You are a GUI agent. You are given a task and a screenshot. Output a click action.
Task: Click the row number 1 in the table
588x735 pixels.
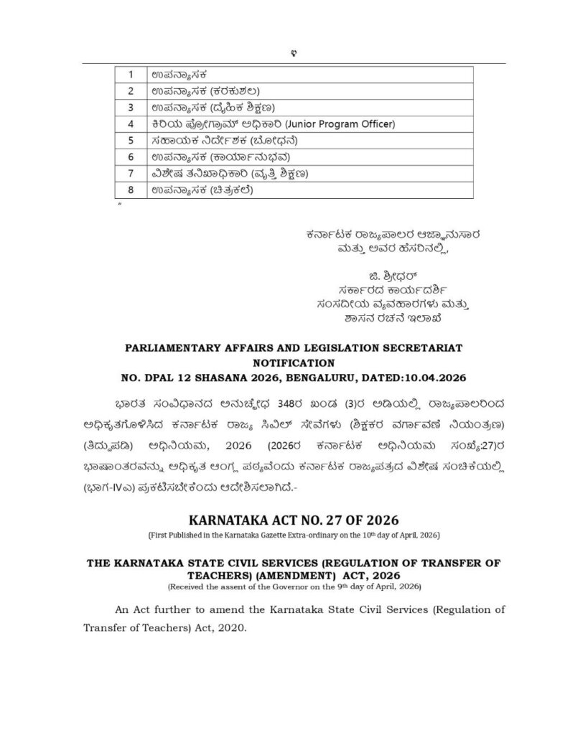tap(131, 75)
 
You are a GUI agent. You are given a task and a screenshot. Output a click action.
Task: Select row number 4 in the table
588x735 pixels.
tap(131, 124)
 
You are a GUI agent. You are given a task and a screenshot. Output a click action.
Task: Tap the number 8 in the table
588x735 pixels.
tap(131, 190)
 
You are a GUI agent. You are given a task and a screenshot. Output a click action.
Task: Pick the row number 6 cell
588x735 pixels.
tap(131, 157)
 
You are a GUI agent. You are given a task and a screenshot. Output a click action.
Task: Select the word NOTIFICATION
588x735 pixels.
tap(294, 363)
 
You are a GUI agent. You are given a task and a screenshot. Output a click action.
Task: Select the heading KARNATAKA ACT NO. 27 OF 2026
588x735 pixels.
tap(294, 520)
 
